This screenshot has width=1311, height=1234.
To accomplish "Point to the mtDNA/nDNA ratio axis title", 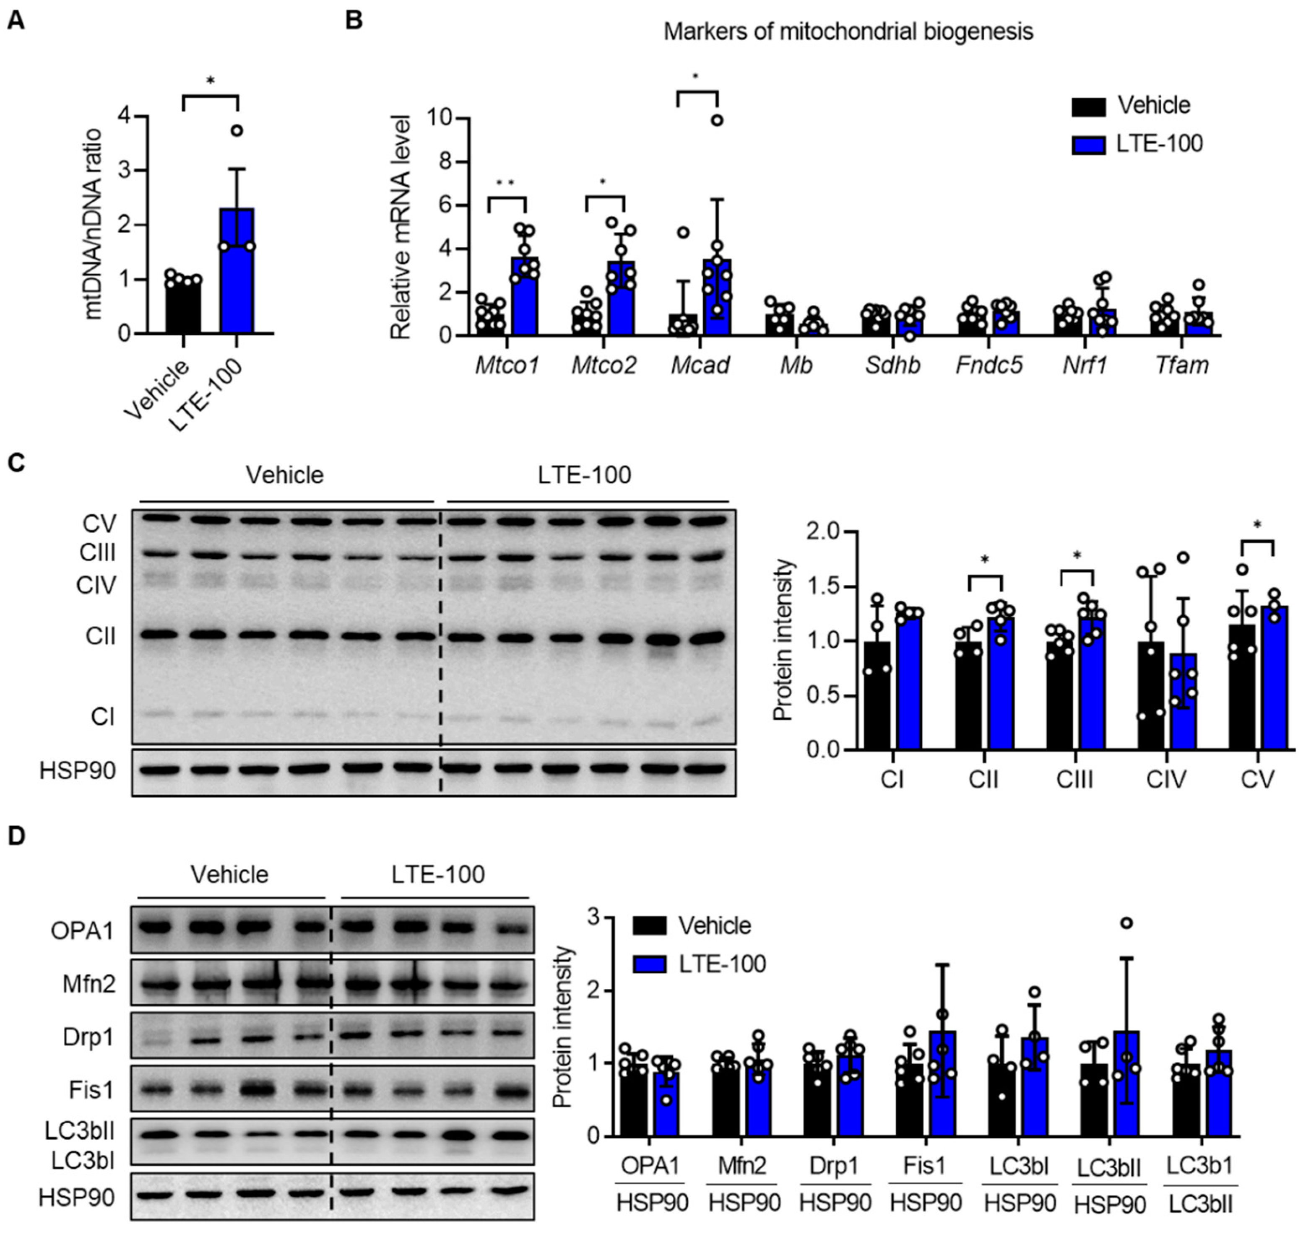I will [x=94, y=224].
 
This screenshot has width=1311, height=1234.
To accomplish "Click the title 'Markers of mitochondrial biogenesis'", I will [x=848, y=31].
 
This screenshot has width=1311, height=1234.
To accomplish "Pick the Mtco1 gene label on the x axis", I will [x=507, y=365].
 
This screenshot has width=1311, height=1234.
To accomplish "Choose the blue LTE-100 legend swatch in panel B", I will [x=1088, y=144].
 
